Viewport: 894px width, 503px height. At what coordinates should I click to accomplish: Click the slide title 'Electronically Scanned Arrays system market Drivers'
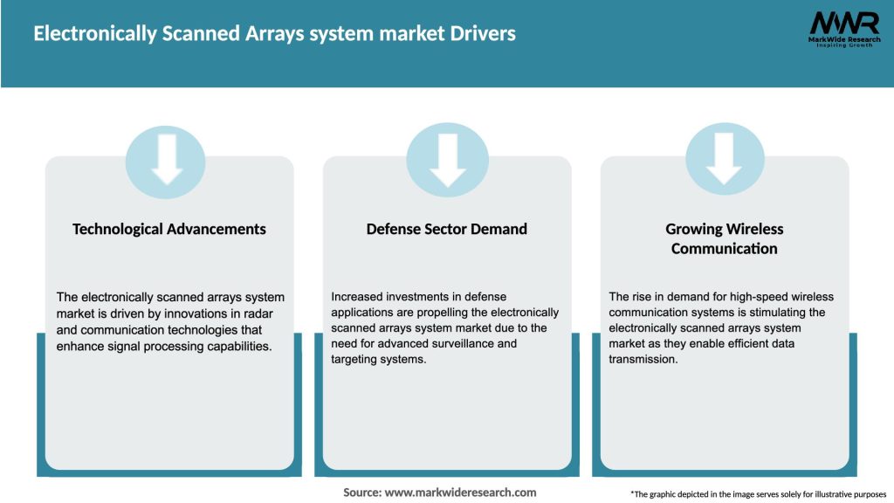pyautogui.click(x=275, y=34)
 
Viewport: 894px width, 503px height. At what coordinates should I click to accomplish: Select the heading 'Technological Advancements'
pyautogui.click(x=169, y=229)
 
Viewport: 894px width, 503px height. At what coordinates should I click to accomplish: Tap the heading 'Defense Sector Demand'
pyautogui.click(x=447, y=229)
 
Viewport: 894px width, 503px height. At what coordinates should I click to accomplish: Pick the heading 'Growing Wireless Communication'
pyautogui.click(x=725, y=238)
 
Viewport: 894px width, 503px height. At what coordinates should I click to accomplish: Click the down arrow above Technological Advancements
pyautogui.click(x=166, y=161)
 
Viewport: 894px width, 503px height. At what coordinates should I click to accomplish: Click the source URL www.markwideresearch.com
pyautogui.click(x=460, y=493)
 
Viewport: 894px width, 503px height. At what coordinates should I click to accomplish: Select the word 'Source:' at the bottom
pyautogui.click(x=362, y=493)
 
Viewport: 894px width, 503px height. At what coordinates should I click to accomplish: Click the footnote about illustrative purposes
pyautogui.click(x=758, y=494)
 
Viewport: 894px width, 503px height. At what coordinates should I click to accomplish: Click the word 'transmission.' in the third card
pyautogui.click(x=643, y=359)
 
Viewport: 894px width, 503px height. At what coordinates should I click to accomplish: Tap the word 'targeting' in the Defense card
pyautogui.click(x=355, y=359)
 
